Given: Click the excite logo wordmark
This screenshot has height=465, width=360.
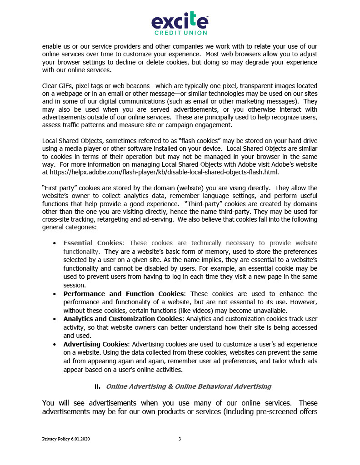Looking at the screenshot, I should pos(180,20).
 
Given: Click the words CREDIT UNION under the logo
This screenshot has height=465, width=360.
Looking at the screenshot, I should pos(180,33).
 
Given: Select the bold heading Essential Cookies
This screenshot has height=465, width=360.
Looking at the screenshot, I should pos(93,243).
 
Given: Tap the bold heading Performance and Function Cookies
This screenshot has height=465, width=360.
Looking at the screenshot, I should pos(124,294).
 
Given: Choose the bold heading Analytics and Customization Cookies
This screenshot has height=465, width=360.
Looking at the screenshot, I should pos(123,319).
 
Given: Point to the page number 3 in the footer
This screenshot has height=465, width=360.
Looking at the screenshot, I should pos(180,439).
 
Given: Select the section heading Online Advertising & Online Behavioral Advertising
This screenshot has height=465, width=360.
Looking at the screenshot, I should pos(188,386).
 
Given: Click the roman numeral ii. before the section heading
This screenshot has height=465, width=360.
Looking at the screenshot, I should pos(97,386).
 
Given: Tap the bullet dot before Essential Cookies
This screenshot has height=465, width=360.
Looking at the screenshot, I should pos(55,243).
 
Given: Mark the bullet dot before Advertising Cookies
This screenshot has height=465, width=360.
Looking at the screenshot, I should pos(55,344).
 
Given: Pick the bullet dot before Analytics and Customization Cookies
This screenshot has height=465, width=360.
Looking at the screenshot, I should pos(55,319).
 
